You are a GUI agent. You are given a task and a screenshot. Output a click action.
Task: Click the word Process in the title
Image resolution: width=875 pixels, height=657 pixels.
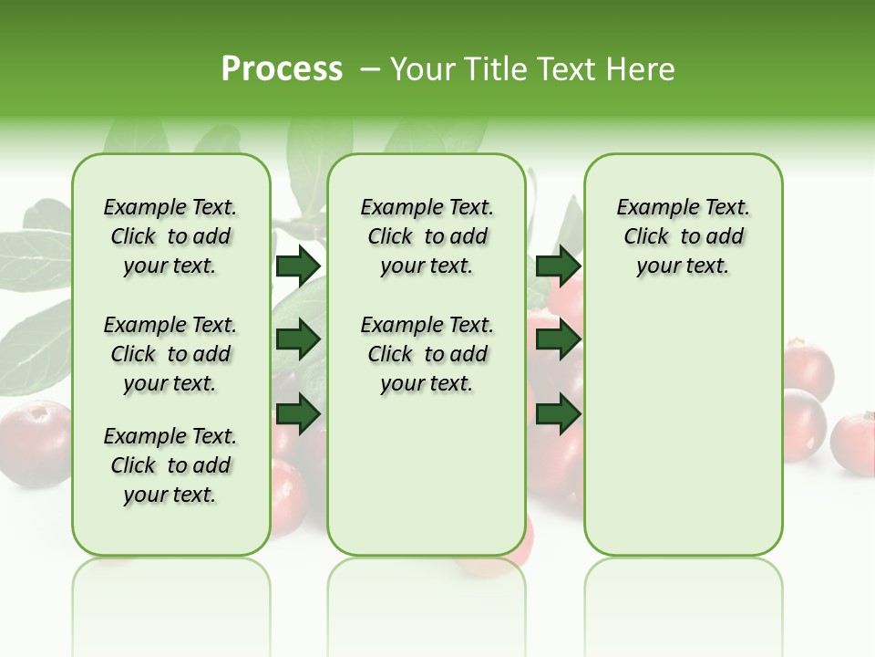[282, 69]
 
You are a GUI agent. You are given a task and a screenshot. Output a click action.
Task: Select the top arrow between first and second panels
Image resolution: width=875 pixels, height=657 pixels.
[298, 266]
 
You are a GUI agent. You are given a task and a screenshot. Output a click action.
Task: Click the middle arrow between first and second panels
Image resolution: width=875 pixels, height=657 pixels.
[298, 340]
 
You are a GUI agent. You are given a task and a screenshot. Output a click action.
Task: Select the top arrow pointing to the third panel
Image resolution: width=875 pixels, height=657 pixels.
[558, 266]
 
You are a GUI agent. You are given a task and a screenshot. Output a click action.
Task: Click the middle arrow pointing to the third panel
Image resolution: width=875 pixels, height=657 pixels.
[558, 340]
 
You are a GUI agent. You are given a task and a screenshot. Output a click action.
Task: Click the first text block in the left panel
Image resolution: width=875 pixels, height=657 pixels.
[170, 237]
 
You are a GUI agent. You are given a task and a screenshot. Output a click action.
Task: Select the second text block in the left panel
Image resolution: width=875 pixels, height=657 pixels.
[170, 354]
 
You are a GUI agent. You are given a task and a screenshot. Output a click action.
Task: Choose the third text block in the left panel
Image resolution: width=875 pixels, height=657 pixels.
[170, 465]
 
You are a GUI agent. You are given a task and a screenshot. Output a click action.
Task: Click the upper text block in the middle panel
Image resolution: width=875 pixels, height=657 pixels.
[427, 237]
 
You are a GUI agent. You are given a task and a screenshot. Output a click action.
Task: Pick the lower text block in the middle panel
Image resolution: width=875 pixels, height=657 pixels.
[427, 354]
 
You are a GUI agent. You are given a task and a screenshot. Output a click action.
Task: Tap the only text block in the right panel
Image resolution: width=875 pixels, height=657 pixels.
[683, 237]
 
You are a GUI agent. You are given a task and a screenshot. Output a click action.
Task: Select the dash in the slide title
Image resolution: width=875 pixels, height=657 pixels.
[370, 70]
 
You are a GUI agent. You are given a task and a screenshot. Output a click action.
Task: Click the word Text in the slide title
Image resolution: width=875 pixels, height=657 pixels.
[573, 69]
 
